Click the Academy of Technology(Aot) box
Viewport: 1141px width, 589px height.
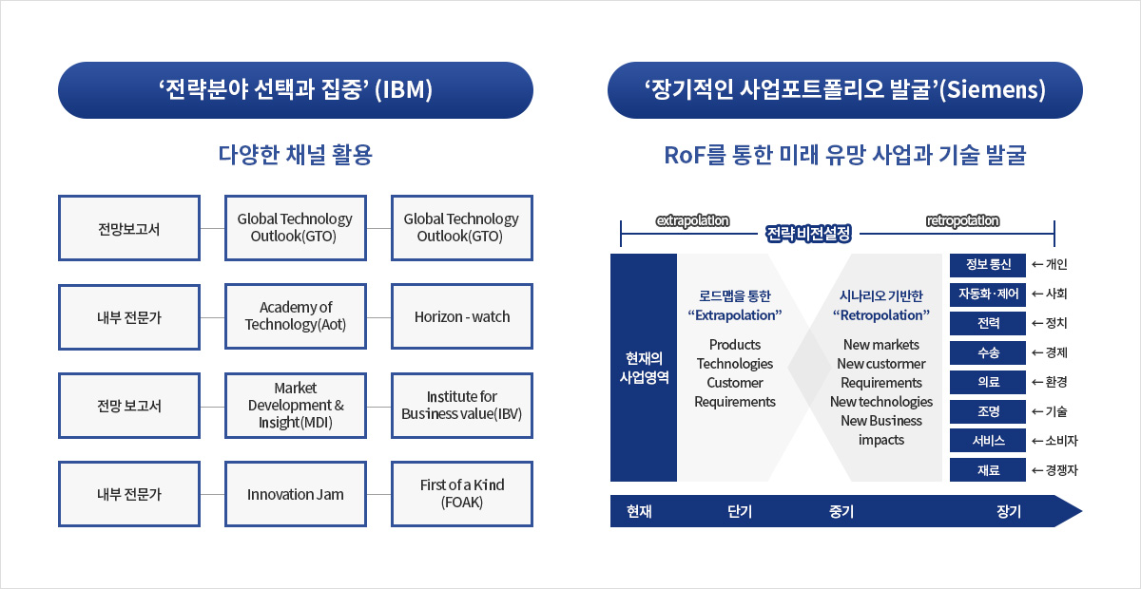pos(296,316)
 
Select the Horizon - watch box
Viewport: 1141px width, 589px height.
pos(462,316)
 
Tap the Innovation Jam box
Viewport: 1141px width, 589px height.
pos(296,494)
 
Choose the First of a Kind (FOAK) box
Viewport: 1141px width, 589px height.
pos(462,494)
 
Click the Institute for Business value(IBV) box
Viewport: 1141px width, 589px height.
pos(462,406)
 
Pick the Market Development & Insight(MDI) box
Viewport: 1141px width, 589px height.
pos(296,406)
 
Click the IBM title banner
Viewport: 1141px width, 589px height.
pos(296,90)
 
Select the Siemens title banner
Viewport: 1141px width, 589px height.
pos(845,90)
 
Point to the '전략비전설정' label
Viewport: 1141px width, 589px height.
pos(808,234)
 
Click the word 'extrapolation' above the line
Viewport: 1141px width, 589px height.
pos(693,220)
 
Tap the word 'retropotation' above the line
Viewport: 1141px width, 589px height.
pos(962,220)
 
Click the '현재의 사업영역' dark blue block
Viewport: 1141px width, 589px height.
pos(644,368)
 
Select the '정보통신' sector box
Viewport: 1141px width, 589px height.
pos(988,265)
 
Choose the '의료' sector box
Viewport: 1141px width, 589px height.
pos(988,382)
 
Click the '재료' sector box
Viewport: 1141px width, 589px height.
pos(988,470)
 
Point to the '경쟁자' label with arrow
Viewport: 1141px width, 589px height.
pos(1054,470)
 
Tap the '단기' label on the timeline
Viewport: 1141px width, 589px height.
pos(740,511)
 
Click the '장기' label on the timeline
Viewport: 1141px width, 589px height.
pos(1009,511)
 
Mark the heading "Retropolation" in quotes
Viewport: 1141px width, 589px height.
pos(881,315)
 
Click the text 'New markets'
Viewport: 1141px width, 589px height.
pos(881,345)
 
